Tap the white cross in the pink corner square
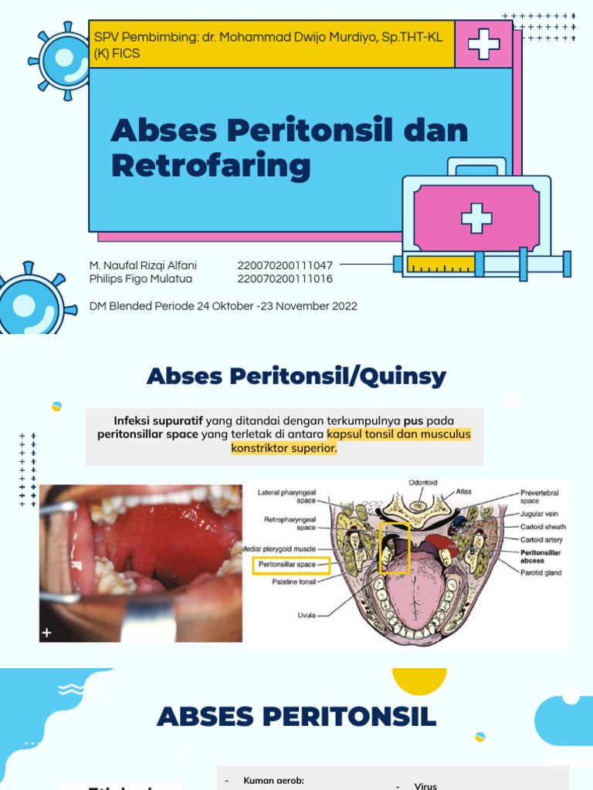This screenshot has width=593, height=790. (x=483, y=43)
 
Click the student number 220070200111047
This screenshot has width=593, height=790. (x=285, y=265)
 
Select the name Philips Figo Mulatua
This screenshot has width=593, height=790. (x=141, y=279)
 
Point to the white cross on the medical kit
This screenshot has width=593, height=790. (x=476, y=218)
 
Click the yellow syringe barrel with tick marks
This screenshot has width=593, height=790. (x=440, y=265)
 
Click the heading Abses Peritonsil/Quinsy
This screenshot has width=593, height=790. (x=296, y=376)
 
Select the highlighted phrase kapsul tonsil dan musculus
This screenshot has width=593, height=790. (x=398, y=434)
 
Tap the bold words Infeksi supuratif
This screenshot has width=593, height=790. (x=158, y=420)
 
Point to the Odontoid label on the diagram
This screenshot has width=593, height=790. (x=422, y=483)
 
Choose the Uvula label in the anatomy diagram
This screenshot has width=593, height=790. (x=307, y=615)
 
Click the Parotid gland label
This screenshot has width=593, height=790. (x=541, y=573)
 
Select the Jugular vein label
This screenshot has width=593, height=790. (x=540, y=514)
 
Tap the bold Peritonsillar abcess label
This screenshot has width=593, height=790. (x=540, y=556)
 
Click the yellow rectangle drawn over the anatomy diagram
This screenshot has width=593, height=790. (x=394, y=548)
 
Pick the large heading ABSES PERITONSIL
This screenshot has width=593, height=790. (x=296, y=717)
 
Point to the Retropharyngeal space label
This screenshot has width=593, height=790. (x=290, y=523)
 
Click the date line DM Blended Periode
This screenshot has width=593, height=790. (x=223, y=306)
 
